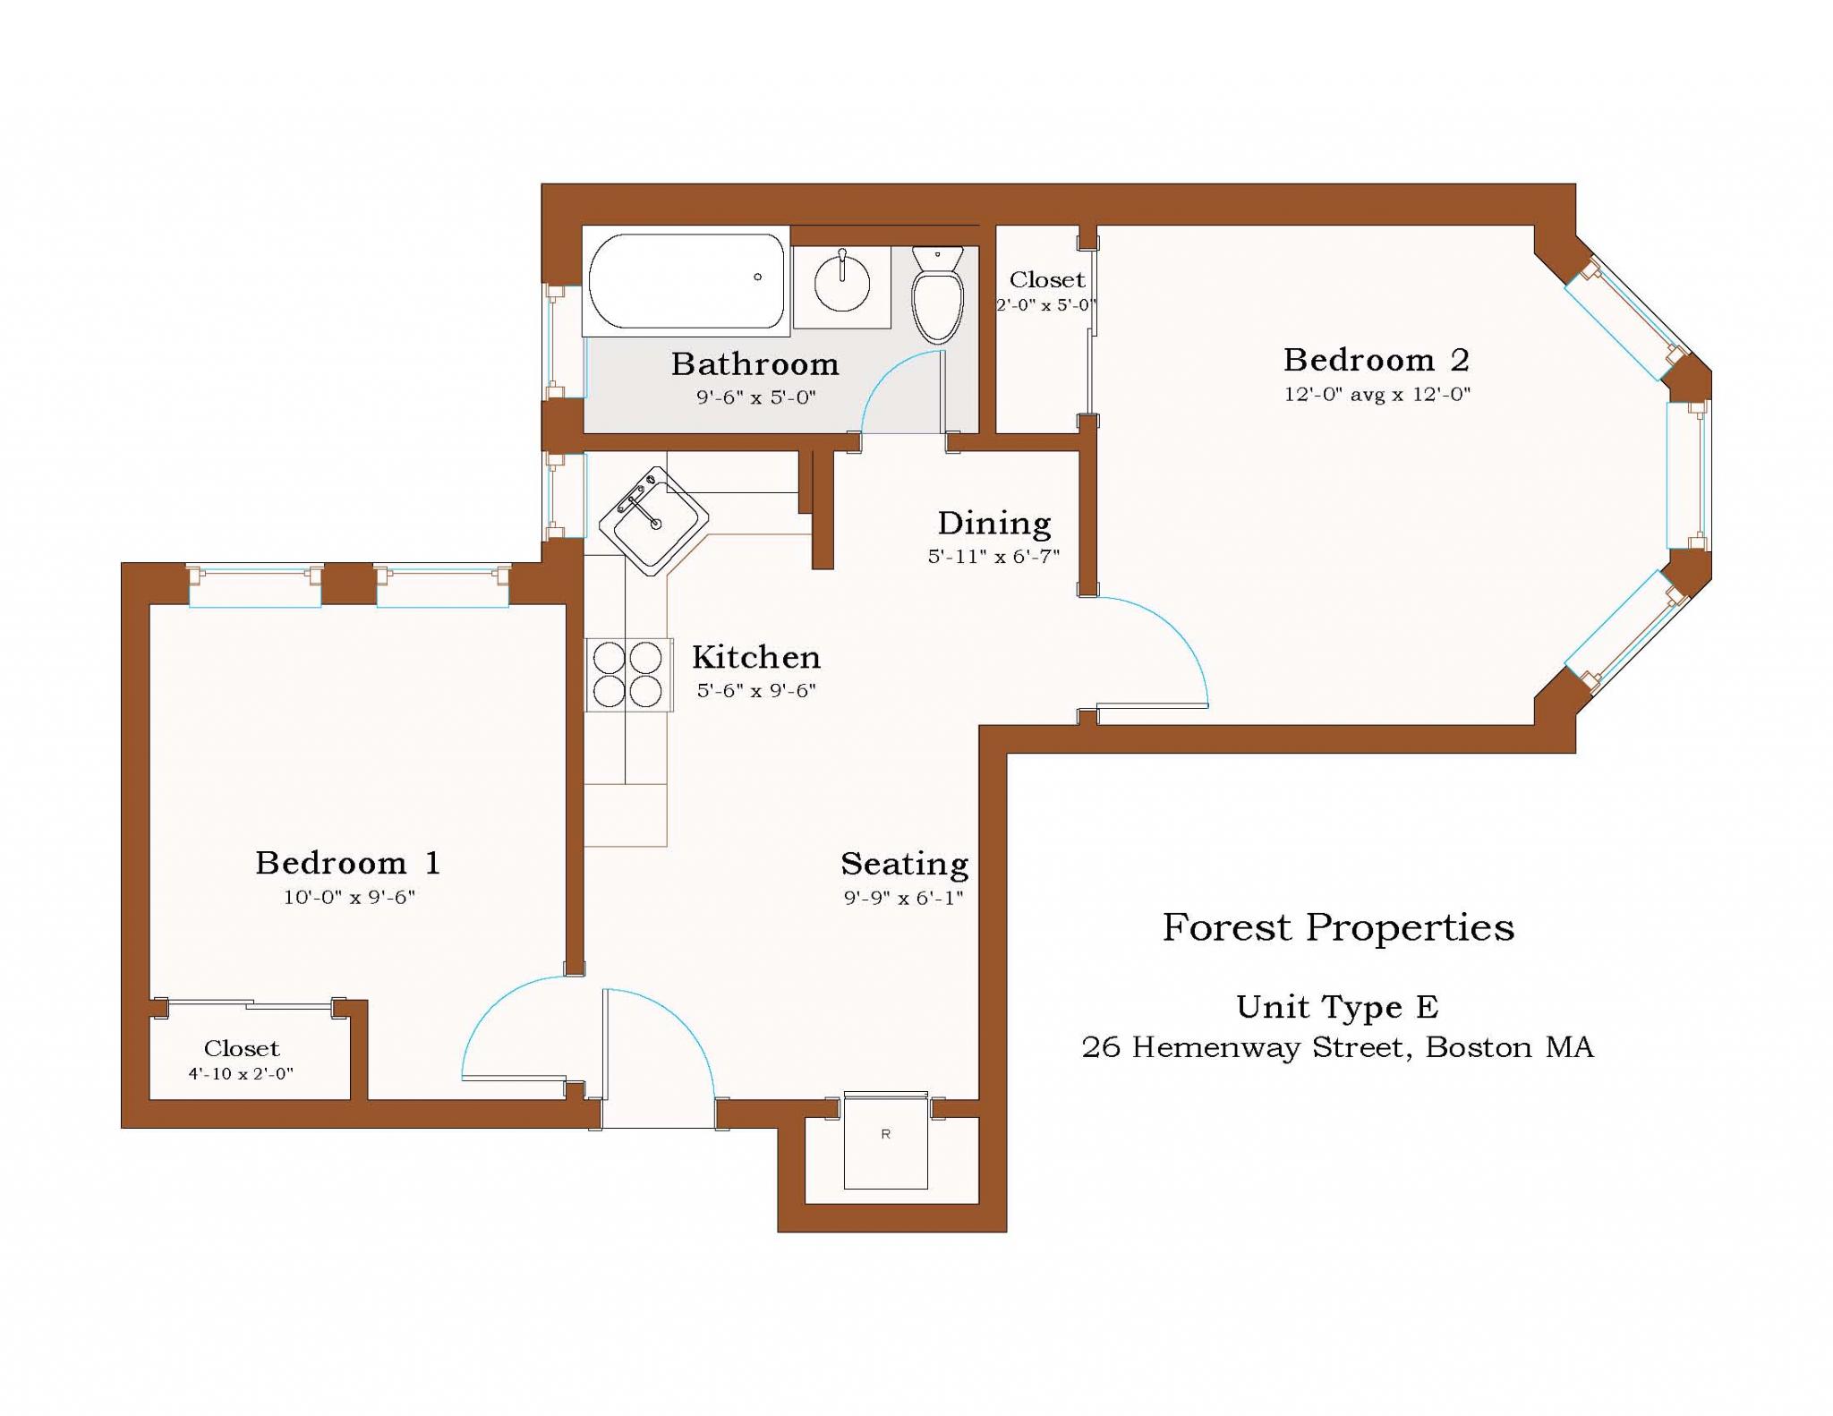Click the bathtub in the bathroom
[x=685, y=281]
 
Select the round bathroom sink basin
[x=841, y=283]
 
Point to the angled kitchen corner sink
[x=653, y=520]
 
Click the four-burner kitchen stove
[x=628, y=674]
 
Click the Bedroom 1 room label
[x=348, y=863]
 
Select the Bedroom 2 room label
[x=1376, y=360]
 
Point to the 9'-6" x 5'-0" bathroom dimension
[x=756, y=397]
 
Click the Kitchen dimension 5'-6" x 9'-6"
[x=756, y=691]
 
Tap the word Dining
[x=993, y=524]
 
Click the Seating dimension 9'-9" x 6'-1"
[x=903, y=898]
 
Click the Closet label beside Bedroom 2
[x=1046, y=280]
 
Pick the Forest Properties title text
[x=1338, y=927]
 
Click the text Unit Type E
[x=1337, y=1007]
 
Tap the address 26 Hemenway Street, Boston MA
[x=1337, y=1047]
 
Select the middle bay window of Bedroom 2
[x=1686, y=475]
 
